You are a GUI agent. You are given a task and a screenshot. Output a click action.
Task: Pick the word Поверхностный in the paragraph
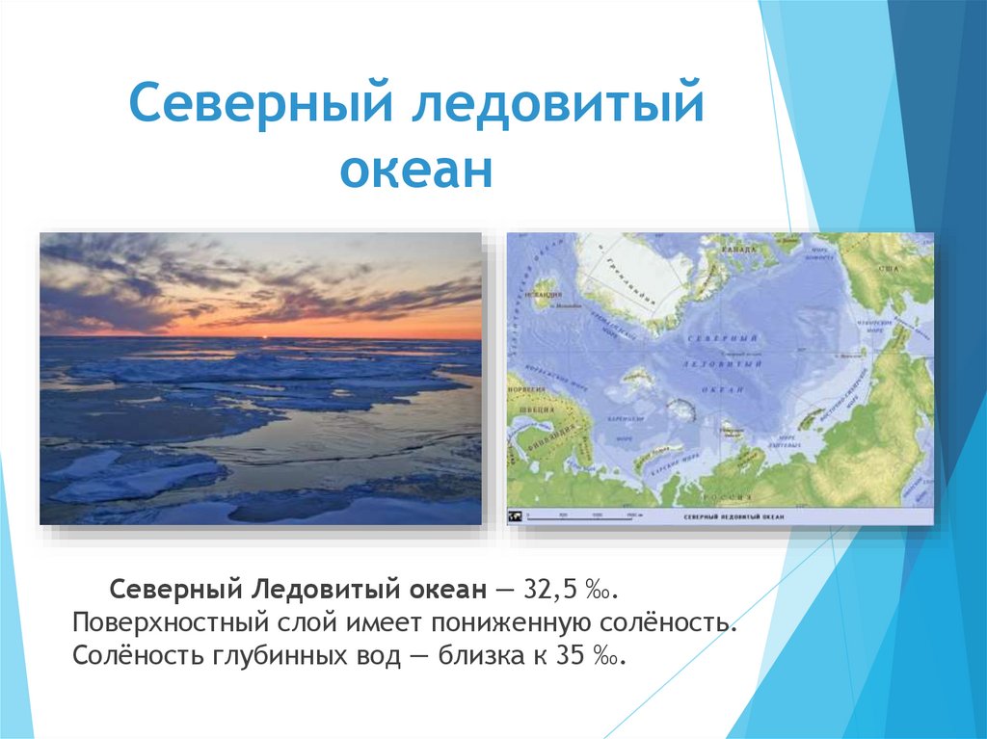point(178,622)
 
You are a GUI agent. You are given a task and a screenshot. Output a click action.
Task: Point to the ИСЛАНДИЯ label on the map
point(547,286)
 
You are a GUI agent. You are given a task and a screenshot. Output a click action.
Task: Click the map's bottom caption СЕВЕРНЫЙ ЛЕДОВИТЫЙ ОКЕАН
point(733,517)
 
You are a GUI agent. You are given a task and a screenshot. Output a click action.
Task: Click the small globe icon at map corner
point(516,517)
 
